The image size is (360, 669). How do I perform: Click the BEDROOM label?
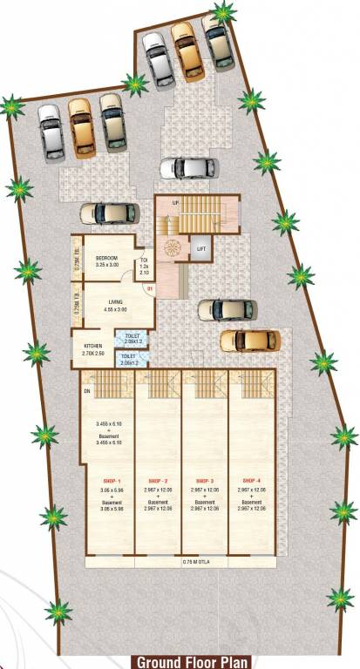(106, 258)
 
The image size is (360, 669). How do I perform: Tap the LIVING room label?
(115, 301)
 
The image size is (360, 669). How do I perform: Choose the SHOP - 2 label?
(158, 481)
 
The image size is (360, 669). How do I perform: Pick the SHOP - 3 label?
(205, 481)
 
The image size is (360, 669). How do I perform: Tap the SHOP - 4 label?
(252, 481)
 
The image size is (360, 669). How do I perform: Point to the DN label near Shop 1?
(87, 391)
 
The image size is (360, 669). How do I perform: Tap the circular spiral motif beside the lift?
(174, 247)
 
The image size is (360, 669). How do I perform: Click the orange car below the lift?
(249, 340)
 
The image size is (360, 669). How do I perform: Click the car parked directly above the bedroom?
(109, 213)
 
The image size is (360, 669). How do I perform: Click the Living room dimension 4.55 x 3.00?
(115, 309)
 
